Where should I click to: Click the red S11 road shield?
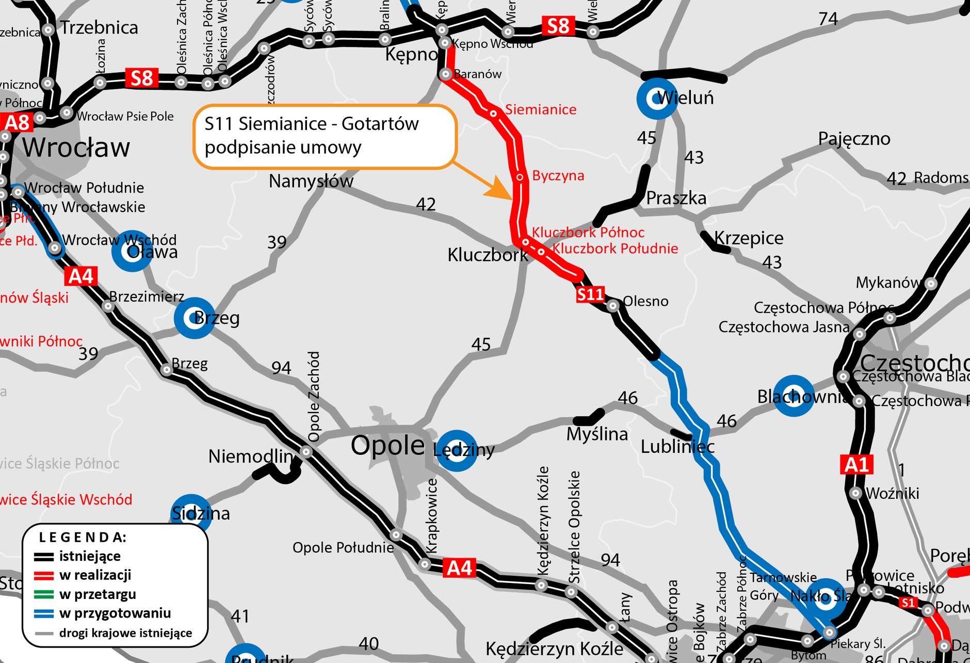point(590,294)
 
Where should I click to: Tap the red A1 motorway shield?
point(856,465)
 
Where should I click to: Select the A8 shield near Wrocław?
point(17,123)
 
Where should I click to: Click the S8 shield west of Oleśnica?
point(141,78)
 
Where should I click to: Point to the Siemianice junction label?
point(540,109)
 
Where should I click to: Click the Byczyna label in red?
point(558,176)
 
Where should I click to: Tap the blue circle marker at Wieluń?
point(656,99)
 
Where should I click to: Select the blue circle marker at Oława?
point(132,251)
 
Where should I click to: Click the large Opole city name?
point(387,445)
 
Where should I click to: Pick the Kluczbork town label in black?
point(487,255)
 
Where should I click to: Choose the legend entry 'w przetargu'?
point(98,594)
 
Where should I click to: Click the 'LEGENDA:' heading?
point(83,538)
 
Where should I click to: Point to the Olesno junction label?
point(645,301)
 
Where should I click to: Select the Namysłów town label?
point(311,181)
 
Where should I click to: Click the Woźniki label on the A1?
point(893,493)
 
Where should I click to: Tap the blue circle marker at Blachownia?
point(794,396)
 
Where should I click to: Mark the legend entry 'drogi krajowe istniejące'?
point(125,633)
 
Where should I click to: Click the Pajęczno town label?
point(854,139)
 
